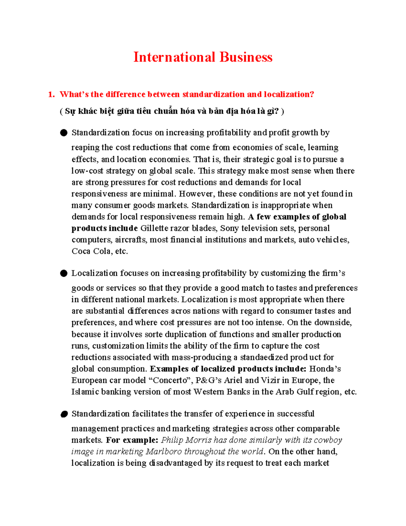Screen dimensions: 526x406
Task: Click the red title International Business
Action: [203, 57]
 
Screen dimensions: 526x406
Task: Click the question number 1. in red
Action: [51, 94]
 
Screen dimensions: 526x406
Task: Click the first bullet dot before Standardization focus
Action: [64, 133]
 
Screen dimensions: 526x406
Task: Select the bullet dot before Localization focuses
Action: [64, 273]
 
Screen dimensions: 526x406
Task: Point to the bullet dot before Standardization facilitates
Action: [64, 414]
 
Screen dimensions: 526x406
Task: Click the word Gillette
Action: [154, 228]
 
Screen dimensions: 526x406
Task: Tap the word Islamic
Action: [85, 392]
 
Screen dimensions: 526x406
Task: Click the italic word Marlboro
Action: [164, 452]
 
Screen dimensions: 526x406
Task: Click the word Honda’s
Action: [325, 369]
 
